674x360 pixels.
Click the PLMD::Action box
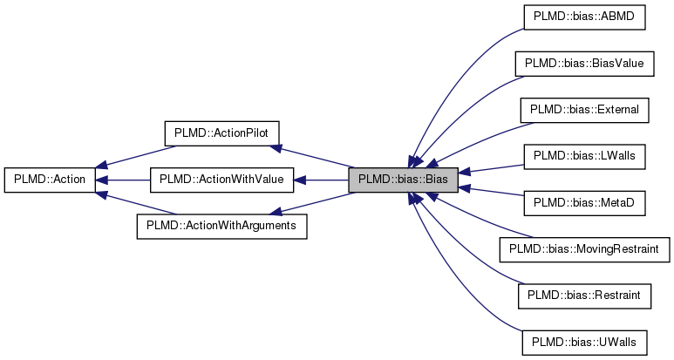(50, 180)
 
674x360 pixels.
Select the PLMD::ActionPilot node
(221, 132)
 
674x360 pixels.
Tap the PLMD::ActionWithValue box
(221, 180)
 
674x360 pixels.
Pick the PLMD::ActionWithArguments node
(221, 226)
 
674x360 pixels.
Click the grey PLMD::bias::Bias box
(403, 180)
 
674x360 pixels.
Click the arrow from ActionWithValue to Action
(122, 180)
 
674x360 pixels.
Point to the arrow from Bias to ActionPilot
(314, 156)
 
